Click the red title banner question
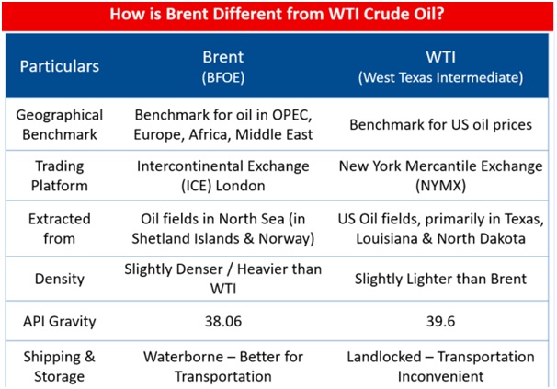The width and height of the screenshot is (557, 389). point(277,14)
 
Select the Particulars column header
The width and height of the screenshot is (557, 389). point(60,66)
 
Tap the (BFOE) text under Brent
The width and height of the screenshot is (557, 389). point(223,77)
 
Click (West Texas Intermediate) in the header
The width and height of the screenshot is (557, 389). point(440,77)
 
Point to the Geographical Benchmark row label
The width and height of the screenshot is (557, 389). point(60,124)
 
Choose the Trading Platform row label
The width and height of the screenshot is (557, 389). point(60,176)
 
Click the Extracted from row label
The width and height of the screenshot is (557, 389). point(60,228)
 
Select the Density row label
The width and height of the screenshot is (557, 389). point(60,279)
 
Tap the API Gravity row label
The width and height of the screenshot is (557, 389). point(60,322)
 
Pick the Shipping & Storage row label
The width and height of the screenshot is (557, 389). point(60,366)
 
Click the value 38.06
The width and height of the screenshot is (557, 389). point(223,322)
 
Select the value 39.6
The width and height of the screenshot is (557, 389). point(440,322)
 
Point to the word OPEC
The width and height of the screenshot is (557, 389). point(291,115)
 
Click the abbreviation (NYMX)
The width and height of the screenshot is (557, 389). point(440,186)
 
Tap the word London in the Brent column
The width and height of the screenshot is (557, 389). point(241,186)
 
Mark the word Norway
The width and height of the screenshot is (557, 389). point(287,238)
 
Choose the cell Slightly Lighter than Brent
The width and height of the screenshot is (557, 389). point(440,279)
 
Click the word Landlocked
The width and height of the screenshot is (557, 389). point(383,357)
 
